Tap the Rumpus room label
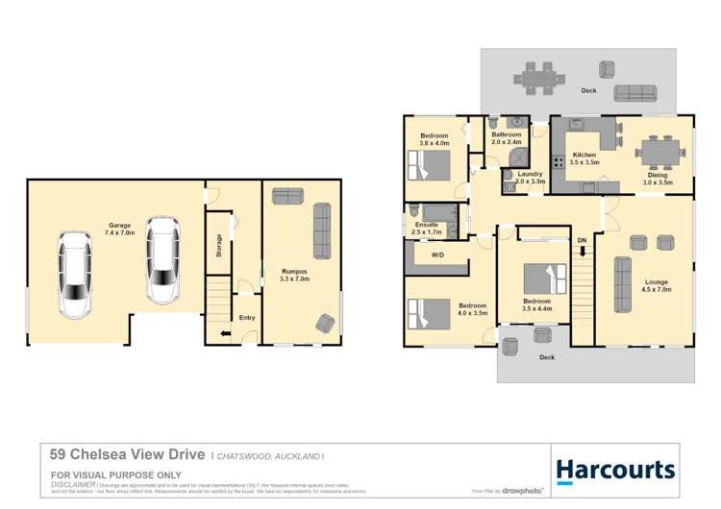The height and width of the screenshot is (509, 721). [294, 272]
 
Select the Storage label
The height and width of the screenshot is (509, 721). [219, 246]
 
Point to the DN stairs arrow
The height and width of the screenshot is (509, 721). [582, 253]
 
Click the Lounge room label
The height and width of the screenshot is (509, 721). [656, 282]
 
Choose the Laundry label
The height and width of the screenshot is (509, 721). [530, 174]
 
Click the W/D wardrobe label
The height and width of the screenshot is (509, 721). [437, 254]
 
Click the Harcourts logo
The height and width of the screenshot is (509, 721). [615, 469]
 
